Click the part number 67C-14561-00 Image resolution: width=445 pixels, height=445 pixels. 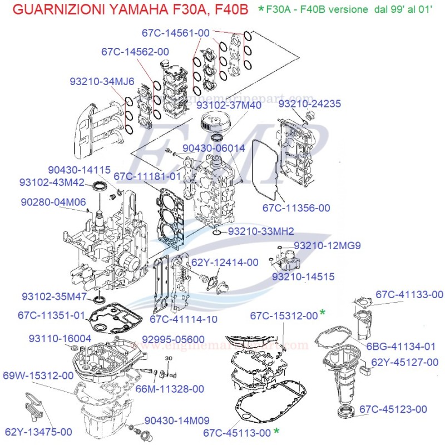pyautogui.click(x=175, y=33)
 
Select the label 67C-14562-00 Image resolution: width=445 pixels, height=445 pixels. pyautogui.click(x=135, y=52)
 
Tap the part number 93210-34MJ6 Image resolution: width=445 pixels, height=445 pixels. pyautogui.click(x=102, y=81)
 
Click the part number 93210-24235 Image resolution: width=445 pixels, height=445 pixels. pyautogui.click(x=310, y=104)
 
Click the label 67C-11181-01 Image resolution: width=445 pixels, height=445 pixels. pyautogui.click(x=147, y=176)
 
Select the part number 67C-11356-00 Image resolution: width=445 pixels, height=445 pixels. pyautogui.click(x=296, y=207)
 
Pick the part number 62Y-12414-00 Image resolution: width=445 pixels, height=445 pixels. pyautogui.click(x=225, y=262)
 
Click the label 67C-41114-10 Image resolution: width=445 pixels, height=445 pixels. pyautogui.click(x=184, y=319)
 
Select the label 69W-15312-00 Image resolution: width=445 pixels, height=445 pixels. pyautogui.click(x=38, y=375)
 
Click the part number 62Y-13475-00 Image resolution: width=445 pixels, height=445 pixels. pyautogui.click(x=38, y=431)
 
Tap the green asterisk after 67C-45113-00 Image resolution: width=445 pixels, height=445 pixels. pyautogui.click(x=276, y=432)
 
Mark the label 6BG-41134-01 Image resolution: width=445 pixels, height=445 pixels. pyautogui.click(x=400, y=346)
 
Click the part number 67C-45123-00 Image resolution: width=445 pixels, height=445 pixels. pyautogui.click(x=393, y=409)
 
